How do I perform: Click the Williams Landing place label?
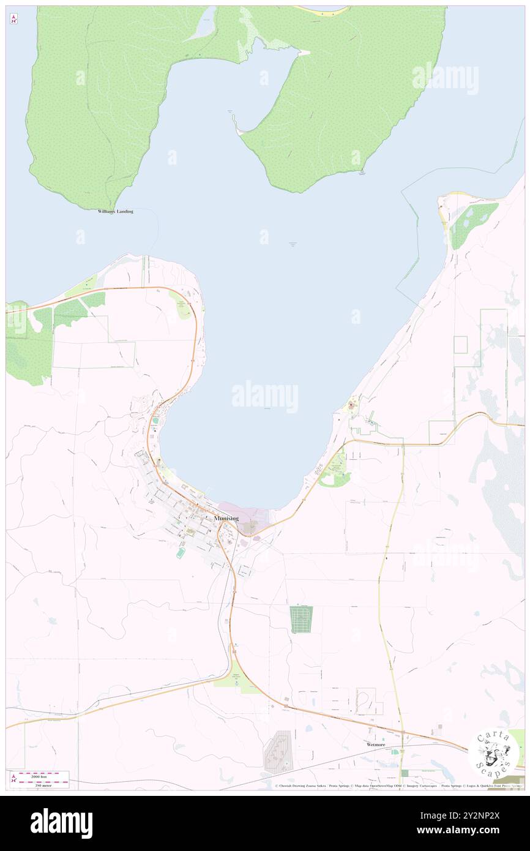coord(115,211)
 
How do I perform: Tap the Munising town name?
coord(226,519)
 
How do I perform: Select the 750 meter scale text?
coord(41,785)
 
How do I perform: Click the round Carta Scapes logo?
coord(493,751)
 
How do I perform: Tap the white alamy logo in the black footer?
coord(61,823)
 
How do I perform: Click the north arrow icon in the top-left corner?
coord(13,19)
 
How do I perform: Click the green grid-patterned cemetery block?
coord(301,619)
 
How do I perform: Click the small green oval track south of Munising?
coord(181,553)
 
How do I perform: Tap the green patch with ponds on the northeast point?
coord(472,223)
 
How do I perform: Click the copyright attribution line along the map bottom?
coord(398,785)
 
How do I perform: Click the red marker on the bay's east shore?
coord(351,405)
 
